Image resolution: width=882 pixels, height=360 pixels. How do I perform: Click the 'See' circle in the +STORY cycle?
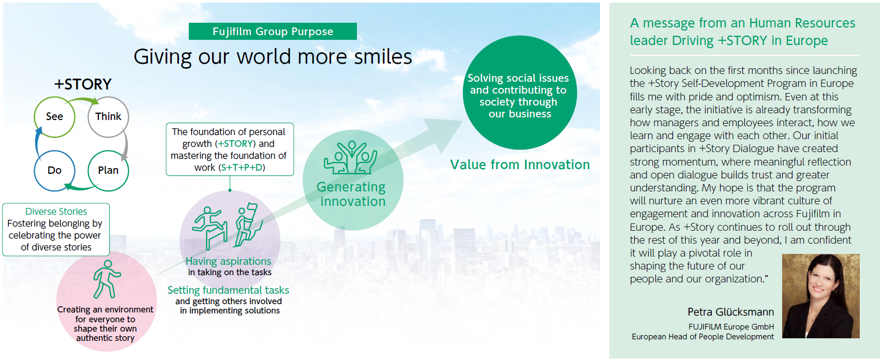pos(54,116)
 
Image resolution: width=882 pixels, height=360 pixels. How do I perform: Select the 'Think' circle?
pos(108,116)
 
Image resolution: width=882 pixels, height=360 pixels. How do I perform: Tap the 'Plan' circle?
pos(108,171)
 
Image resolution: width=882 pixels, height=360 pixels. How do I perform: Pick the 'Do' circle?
pos(54,171)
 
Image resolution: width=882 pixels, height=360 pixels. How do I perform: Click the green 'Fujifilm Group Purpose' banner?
pos(273,32)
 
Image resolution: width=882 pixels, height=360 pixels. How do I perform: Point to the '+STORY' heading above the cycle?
pos(83,84)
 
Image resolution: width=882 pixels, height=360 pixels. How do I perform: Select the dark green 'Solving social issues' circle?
pos(520,93)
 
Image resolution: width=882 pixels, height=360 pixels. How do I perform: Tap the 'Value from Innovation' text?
pos(520,164)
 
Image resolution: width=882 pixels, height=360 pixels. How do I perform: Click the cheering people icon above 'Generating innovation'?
pos(350,158)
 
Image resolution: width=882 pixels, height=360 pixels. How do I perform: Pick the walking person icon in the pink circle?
pos(106,279)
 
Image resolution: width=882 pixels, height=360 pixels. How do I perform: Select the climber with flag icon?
pos(248,224)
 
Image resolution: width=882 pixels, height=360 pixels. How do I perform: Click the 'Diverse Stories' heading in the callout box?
pos(56,212)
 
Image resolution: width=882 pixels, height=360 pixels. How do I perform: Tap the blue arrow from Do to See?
pos(37,142)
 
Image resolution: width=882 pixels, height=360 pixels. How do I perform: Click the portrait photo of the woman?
pos(820,296)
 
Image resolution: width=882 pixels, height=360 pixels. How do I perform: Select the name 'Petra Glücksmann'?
pos(731,312)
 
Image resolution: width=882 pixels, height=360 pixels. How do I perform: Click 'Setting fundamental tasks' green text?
pos(228,290)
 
